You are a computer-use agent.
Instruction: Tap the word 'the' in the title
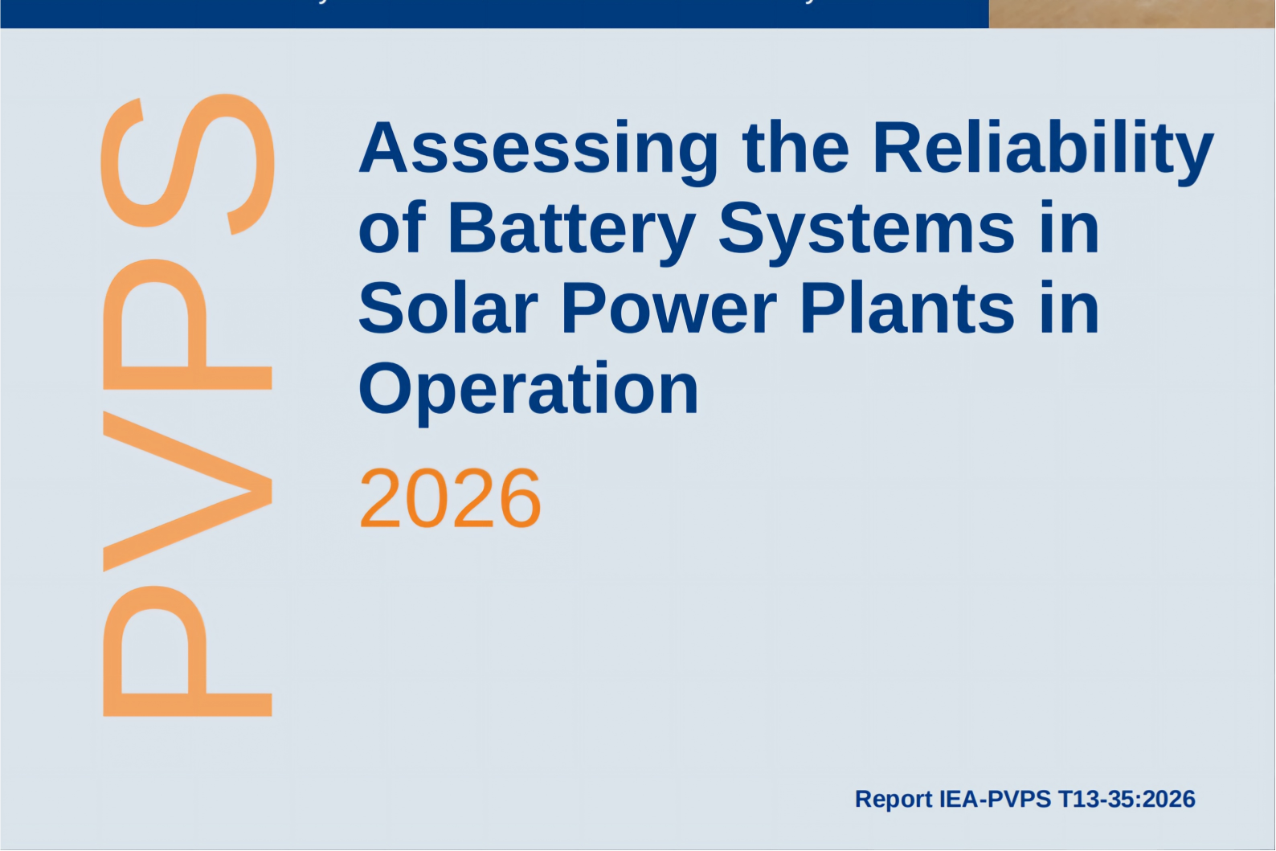click(795, 146)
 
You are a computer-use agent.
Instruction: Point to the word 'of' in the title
click(392, 226)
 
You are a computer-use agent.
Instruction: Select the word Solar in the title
click(448, 307)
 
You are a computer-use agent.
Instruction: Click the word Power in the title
click(669, 307)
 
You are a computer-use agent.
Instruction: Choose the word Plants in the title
click(908, 307)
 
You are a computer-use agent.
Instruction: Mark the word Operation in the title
click(529, 393)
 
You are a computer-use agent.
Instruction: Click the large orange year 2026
click(450, 498)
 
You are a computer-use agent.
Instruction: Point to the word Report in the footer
click(894, 799)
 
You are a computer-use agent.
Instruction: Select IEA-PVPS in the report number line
click(995, 799)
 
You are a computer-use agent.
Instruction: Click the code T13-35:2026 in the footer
click(1127, 799)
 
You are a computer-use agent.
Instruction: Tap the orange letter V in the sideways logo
click(187, 491)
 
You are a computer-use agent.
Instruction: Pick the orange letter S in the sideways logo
click(188, 164)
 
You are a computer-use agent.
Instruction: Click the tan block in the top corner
click(1132, 14)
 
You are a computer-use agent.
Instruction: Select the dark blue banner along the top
click(494, 14)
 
